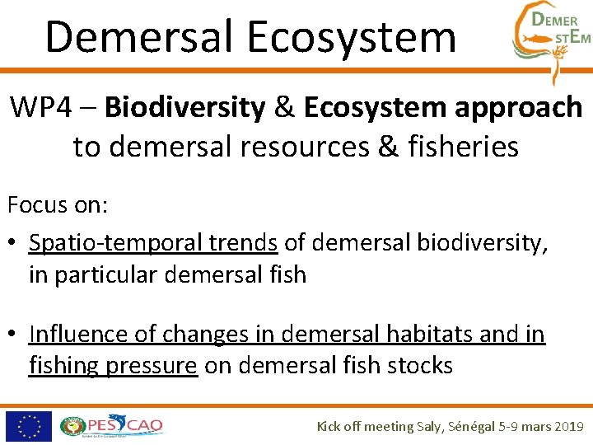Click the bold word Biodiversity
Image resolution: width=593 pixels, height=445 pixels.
185,107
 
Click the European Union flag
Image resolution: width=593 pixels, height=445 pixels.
28,426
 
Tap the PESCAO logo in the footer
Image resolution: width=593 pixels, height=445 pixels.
112,426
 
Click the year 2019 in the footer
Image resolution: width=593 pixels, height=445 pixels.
567,426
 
